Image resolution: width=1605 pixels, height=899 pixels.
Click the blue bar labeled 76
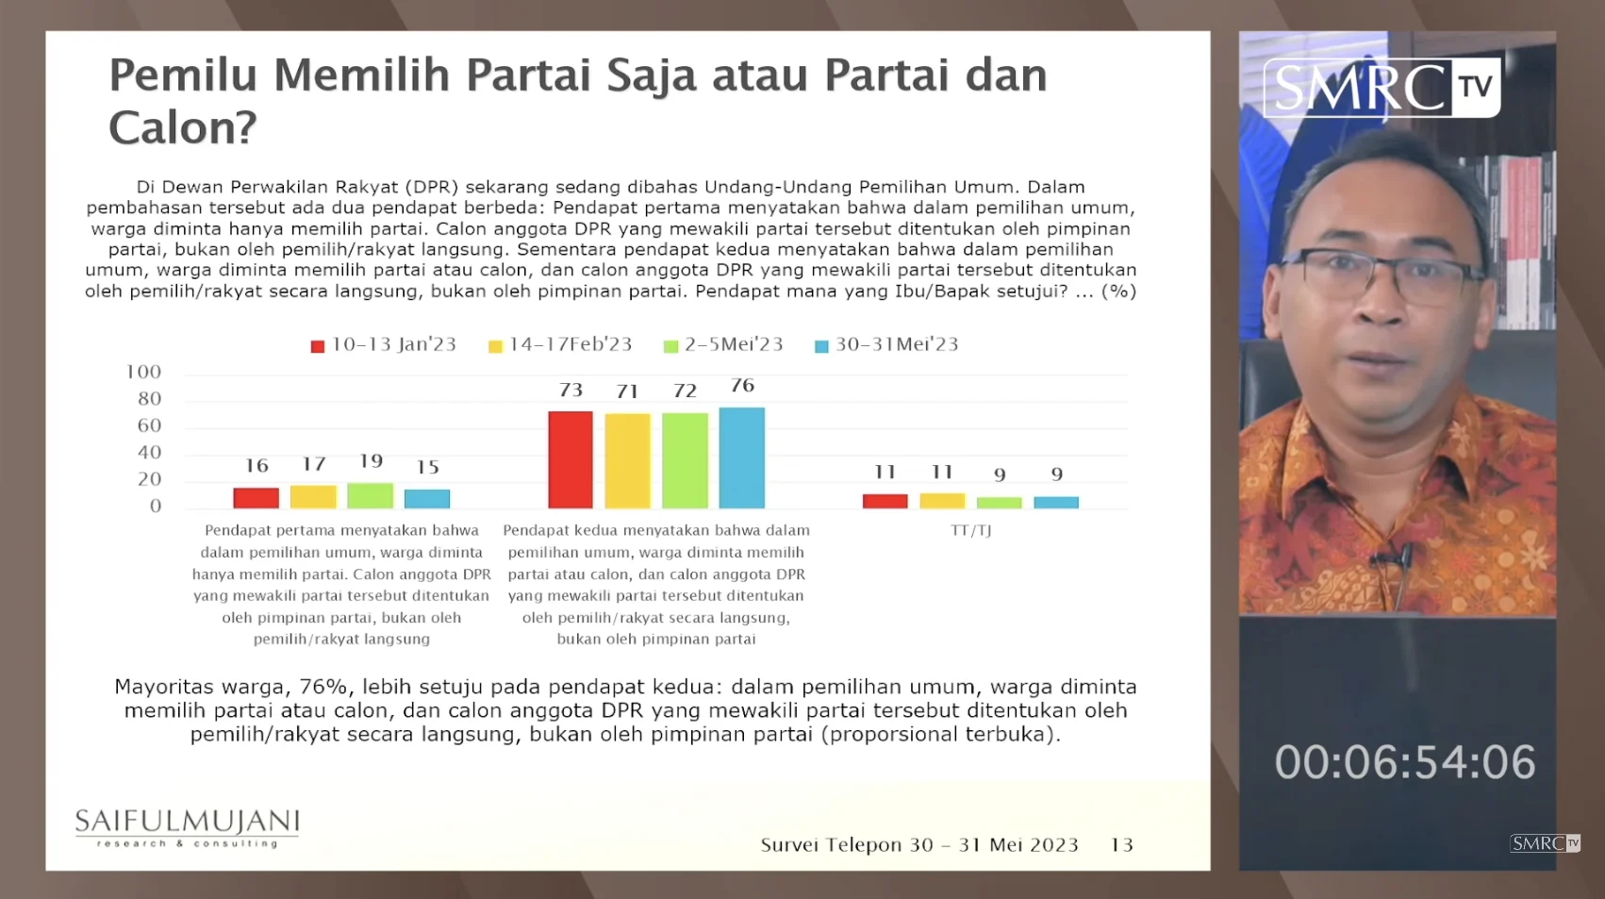tap(741, 458)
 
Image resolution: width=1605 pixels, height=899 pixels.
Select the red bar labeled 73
tap(571, 460)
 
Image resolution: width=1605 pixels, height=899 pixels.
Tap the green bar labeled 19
tap(370, 495)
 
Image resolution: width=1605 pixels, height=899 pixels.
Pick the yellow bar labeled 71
tap(627, 461)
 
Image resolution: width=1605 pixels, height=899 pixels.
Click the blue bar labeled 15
tap(427, 498)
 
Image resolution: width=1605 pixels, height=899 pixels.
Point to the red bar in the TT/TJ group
tap(885, 501)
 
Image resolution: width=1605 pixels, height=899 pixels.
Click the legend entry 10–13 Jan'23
tap(384, 345)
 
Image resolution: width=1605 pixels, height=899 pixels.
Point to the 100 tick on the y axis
tap(143, 373)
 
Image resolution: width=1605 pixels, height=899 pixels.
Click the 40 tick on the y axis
tap(149, 453)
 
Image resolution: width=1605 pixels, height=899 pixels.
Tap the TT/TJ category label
tap(970, 531)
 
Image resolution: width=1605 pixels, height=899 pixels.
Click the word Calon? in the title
tap(182, 128)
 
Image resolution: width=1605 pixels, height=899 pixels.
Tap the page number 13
tap(1121, 845)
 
